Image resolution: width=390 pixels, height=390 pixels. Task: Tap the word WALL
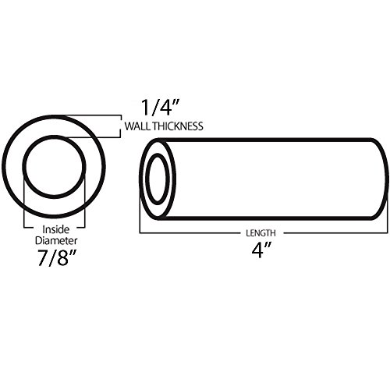133,126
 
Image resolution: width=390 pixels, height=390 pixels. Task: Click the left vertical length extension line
140,199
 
